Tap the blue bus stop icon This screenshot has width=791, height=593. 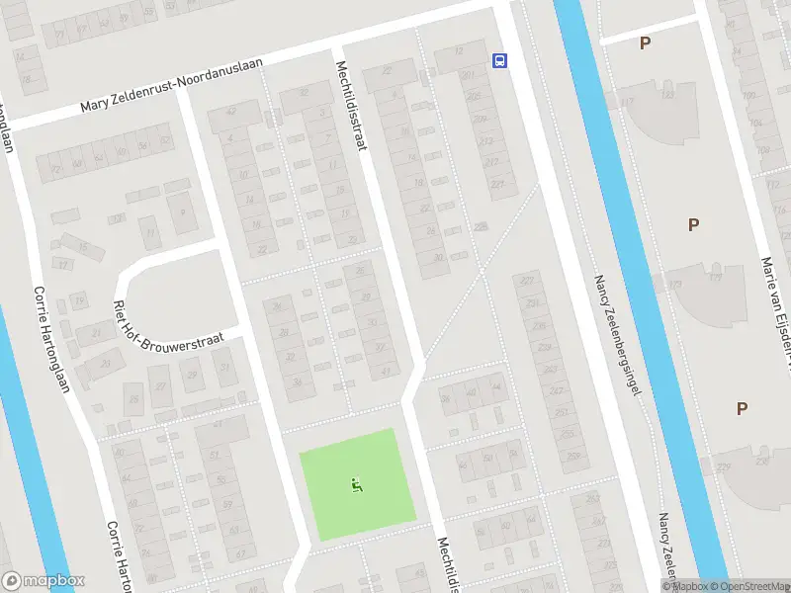click(499, 60)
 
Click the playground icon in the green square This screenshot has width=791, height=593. click(356, 484)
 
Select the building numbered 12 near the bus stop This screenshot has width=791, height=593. click(458, 51)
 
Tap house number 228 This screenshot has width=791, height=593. click(481, 226)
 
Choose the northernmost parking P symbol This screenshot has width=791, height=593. click(645, 43)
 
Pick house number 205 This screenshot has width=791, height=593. click(473, 96)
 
